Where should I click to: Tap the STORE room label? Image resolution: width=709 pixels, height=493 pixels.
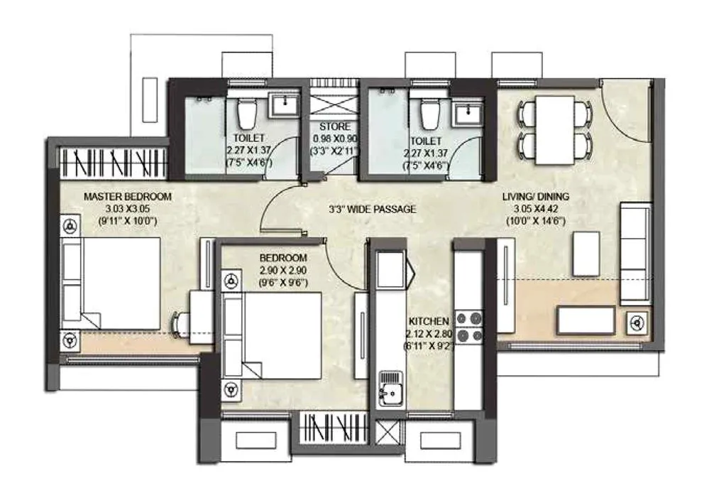pos(334,127)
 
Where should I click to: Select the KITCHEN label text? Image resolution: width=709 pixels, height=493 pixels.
pos(429,321)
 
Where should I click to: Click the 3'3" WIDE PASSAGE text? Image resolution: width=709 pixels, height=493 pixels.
pos(372,210)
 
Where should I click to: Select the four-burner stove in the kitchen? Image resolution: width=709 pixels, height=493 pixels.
pos(468,327)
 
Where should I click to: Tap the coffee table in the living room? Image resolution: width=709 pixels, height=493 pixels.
pos(586,254)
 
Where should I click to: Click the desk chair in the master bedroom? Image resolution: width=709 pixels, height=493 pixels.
pos(179,324)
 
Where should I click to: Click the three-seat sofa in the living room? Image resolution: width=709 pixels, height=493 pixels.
pos(635,253)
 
